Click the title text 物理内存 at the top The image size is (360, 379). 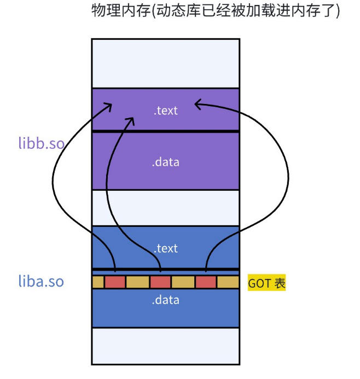pyautogui.click(x=216, y=12)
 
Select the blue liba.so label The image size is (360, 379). pyautogui.click(x=41, y=282)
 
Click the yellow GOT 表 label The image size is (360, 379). pyautogui.click(x=267, y=283)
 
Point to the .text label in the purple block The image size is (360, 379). pyautogui.click(x=166, y=110)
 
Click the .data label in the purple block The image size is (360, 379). pyautogui.click(x=166, y=162)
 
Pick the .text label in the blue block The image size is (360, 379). pyautogui.click(x=166, y=248)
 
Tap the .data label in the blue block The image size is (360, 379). pyautogui.click(x=166, y=300)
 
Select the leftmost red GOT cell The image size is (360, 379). pyautogui.click(x=115, y=282)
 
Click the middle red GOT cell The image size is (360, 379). pyautogui.click(x=160, y=282)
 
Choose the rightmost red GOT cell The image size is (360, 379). pyautogui.click(x=206, y=282)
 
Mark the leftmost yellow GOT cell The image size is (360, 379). pyautogui.click(x=98, y=282)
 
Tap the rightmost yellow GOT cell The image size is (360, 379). pyautogui.click(x=228, y=282)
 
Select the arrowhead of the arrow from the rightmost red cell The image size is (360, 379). pyautogui.click(x=197, y=102)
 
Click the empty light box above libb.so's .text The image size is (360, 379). pyautogui.click(x=166, y=63)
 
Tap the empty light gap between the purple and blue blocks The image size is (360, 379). pyautogui.click(x=166, y=207)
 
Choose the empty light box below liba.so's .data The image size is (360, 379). pyautogui.click(x=166, y=346)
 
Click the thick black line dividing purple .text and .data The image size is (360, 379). pyautogui.click(x=166, y=131)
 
